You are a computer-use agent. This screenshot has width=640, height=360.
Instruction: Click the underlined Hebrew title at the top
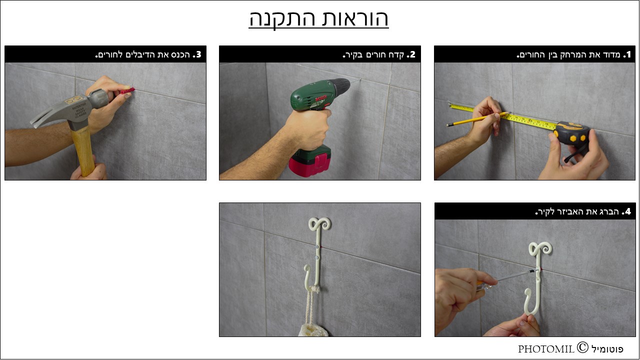click(x=318, y=19)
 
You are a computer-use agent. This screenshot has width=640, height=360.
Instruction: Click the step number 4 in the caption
click(x=627, y=211)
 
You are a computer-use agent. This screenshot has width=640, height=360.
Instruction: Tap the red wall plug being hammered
click(x=127, y=91)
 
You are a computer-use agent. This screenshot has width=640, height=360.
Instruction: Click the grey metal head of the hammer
click(x=71, y=108)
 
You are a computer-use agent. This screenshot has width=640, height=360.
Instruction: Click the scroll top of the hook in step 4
click(x=540, y=249)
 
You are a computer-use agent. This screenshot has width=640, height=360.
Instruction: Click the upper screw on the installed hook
click(x=317, y=246)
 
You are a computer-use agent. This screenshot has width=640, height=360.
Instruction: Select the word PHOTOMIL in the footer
click(x=546, y=349)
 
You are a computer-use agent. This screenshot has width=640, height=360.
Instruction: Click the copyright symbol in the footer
click(x=582, y=347)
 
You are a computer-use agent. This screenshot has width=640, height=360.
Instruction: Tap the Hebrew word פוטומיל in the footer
click(x=607, y=349)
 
